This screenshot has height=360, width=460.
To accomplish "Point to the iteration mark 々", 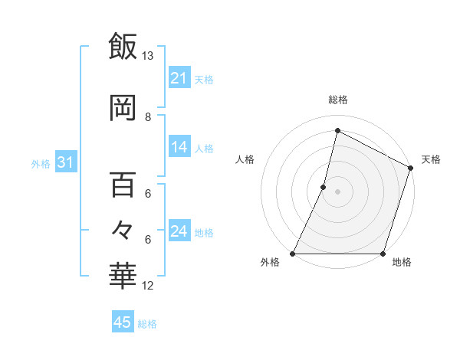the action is point(123,229).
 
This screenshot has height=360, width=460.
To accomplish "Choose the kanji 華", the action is point(123,274).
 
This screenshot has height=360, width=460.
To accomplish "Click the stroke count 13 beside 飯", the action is point(147,56).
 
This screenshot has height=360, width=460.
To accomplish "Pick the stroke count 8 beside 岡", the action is point(148,117).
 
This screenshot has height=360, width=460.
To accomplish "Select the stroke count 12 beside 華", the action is point(148,286).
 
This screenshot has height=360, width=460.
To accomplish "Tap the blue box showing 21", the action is point(179,78).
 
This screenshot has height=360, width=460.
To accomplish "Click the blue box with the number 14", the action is point(179,147).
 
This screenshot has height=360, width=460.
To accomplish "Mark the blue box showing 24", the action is point(179,231).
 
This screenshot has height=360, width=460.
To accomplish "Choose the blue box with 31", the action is point(66,162).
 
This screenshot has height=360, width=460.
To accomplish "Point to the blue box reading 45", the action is point(123,322).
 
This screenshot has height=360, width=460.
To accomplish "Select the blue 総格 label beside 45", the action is point(147,324).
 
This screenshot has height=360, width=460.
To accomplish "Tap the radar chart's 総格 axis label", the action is point(337,100).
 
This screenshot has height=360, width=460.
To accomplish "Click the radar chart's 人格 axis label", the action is point(245,159).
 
